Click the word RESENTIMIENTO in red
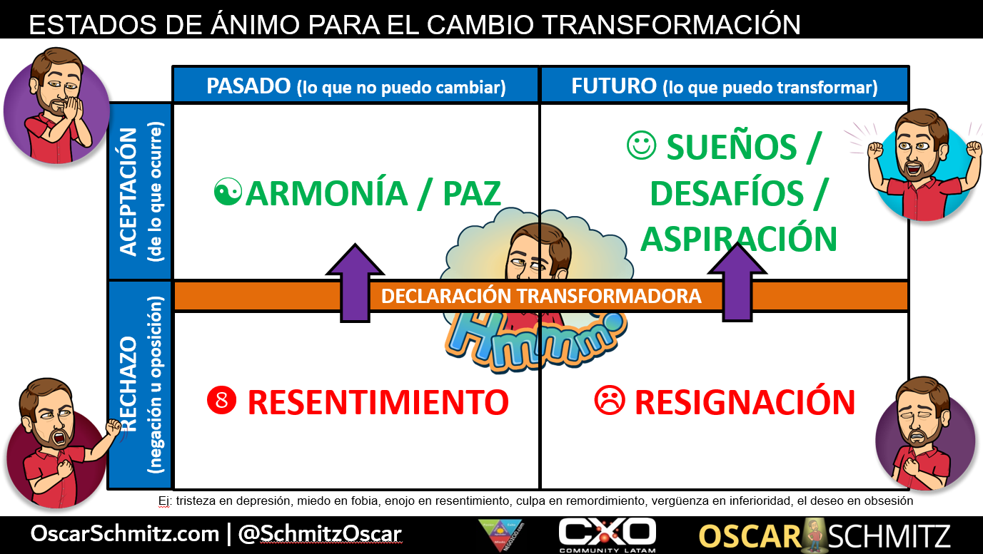coord(378,402)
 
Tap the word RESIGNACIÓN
coord(745,402)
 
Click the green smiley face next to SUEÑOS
coord(640,146)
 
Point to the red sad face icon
coord(609,401)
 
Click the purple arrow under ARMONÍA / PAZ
coord(355,279)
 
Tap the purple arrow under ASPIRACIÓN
coord(737,279)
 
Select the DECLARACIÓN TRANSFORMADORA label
coord(541,296)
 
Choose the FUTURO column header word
coord(614,86)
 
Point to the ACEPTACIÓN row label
coord(128,191)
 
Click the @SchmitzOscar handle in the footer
coord(319,534)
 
